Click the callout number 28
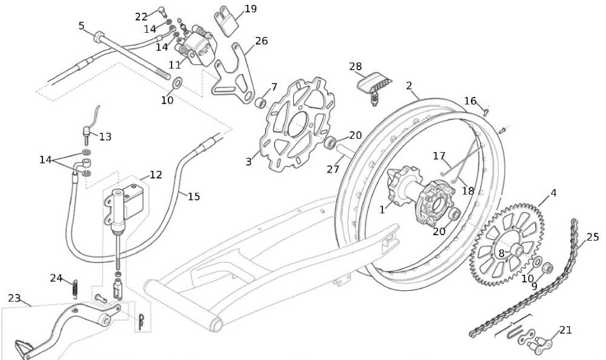click(x=355, y=65)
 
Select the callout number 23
click(x=14, y=298)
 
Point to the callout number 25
click(x=592, y=236)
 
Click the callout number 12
click(x=156, y=175)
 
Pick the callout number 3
click(x=248, y=162)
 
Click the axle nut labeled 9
click(x=547, y=267)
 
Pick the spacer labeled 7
click(x=261, y=101)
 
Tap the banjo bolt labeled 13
click(x=88, y=131)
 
